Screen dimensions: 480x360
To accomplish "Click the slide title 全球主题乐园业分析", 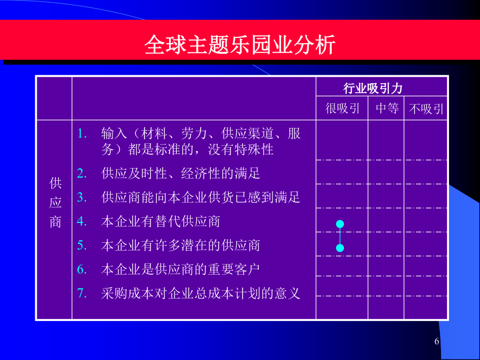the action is tap(240, 45).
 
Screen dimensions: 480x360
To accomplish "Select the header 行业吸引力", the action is tap(373, 88).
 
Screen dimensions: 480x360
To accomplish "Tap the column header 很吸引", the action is tap(342, 108).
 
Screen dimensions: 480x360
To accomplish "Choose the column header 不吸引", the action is tap(426, 109).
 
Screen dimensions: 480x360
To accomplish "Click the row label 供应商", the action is tap(55, 203).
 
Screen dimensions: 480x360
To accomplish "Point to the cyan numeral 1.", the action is tap(82, 134).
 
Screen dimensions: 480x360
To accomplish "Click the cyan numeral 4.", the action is tap(82, 221).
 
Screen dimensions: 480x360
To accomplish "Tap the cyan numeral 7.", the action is tap(82, 293).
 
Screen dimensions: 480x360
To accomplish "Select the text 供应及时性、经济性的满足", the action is tap(181, 173).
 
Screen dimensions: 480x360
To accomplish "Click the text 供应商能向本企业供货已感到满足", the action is tap(201, 197).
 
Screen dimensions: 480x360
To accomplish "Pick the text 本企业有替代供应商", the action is tap(161, 221).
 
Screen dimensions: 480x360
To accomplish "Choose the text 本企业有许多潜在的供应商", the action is tap(181, 245).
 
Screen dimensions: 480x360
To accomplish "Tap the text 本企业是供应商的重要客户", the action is tap(181, 269).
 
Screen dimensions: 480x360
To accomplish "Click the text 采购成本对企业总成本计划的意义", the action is tap(201, 293).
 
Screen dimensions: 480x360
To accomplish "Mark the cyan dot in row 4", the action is tap(340, 224).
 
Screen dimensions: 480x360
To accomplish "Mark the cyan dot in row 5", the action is tap(340, 248).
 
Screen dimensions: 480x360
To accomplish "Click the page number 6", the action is tap(437, 341).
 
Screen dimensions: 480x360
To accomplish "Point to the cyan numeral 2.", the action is tap(82, 173).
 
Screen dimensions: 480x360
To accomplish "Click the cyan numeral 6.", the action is tap(82, 269).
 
